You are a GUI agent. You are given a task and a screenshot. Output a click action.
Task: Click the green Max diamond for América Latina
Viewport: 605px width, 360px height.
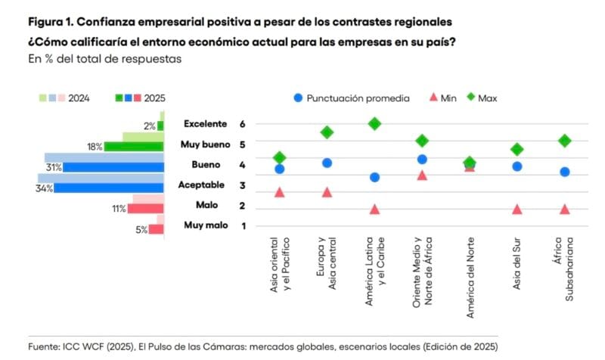[x=374, y=124]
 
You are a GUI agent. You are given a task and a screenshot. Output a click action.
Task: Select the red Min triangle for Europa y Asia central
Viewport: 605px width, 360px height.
[x=327, y=192]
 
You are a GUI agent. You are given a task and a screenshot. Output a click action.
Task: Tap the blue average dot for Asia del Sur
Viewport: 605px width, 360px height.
[x=517, y=166]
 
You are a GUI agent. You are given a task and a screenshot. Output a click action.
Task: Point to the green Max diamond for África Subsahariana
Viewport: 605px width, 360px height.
[x=564, y=141]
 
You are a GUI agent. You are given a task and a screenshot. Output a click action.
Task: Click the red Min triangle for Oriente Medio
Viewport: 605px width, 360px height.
[x=422, y=175]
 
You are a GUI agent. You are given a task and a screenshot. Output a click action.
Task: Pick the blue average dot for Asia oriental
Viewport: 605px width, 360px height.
[x=279, y=169]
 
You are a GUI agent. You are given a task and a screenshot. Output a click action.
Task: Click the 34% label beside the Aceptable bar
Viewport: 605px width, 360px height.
[x=44, y=188]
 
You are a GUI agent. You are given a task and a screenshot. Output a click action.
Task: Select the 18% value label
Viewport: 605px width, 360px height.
[x=95, y=147]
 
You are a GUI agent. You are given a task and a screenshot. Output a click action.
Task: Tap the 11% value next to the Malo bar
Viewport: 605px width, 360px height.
[x=119, y=209]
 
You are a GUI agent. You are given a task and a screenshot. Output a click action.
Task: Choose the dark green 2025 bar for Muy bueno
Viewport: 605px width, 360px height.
[x=134, y=147]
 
